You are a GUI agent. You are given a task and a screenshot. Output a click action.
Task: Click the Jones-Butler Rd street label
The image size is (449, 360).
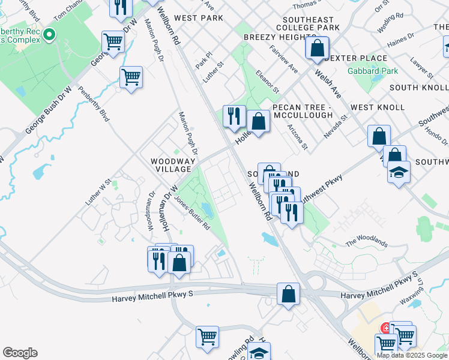pyautogui.click(x=192, y=214)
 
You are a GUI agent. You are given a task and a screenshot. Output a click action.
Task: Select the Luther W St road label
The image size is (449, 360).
pyautogui.click(x=98, y=193)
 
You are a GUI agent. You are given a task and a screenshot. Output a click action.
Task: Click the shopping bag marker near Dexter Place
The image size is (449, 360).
pyautogui.click(x=318, y=47)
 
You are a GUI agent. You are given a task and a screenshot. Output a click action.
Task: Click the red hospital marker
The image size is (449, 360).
pyautogui.click(x=385, y=328)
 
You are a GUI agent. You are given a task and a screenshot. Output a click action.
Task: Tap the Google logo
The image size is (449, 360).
pyautogui.click(x=20, y=353)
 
